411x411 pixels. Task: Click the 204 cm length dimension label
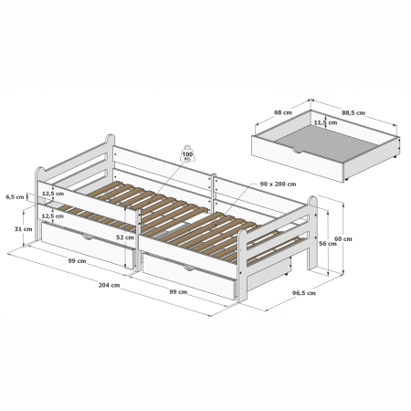pyautogui.click(x=109, y=285)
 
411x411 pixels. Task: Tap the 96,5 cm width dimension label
pyautogui.click(x=304, y=293)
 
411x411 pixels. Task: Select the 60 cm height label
pyautogui.click(x=343, y=239)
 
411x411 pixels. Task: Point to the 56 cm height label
pyautogui.click(x=328, y=244)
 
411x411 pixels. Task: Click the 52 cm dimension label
pyautogui.click(x=125, y=237)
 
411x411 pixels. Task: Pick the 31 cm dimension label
pyautogui.click(x=23, y=229)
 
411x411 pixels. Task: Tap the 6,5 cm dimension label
pyautogui.click(x=15, y=197)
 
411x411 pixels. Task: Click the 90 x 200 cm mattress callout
pyautogui.click(x=278, y=184)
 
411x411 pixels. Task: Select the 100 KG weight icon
pyautogui.click(x=187, y=153)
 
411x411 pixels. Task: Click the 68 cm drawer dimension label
pyautogui.click(x=283, y=112)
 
